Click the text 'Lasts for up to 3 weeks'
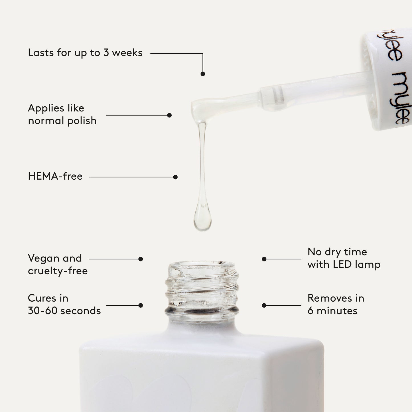click(x=85, y=53)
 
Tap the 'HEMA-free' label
click(x=55, y=176)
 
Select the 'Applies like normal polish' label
click(x=62, y=114)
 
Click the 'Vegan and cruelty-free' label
click(x=58, y=264)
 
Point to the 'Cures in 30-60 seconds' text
click(x=64, y=305)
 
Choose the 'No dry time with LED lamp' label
click(x=344, y=258)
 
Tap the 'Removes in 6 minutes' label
click(x=336, y=305)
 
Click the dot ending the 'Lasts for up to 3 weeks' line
click(x=203, y=74)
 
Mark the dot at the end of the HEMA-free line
click(x=175, y=177)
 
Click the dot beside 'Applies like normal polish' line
click(x=169, y=115)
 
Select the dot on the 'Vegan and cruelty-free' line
click(x=141, y=259)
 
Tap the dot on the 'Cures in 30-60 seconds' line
click(x=141, y=305)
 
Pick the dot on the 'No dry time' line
click(x=264, y=259)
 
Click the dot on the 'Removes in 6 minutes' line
click(x=264, y=305)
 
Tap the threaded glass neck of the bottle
click(x=202, y=288)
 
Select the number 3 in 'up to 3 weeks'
click(x=106, y=53)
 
